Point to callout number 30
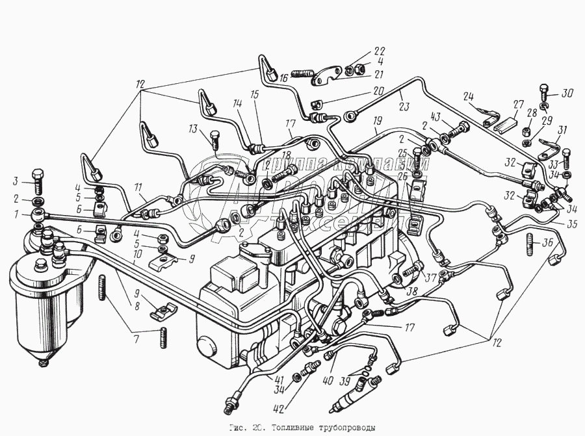[x=567, y=92]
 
